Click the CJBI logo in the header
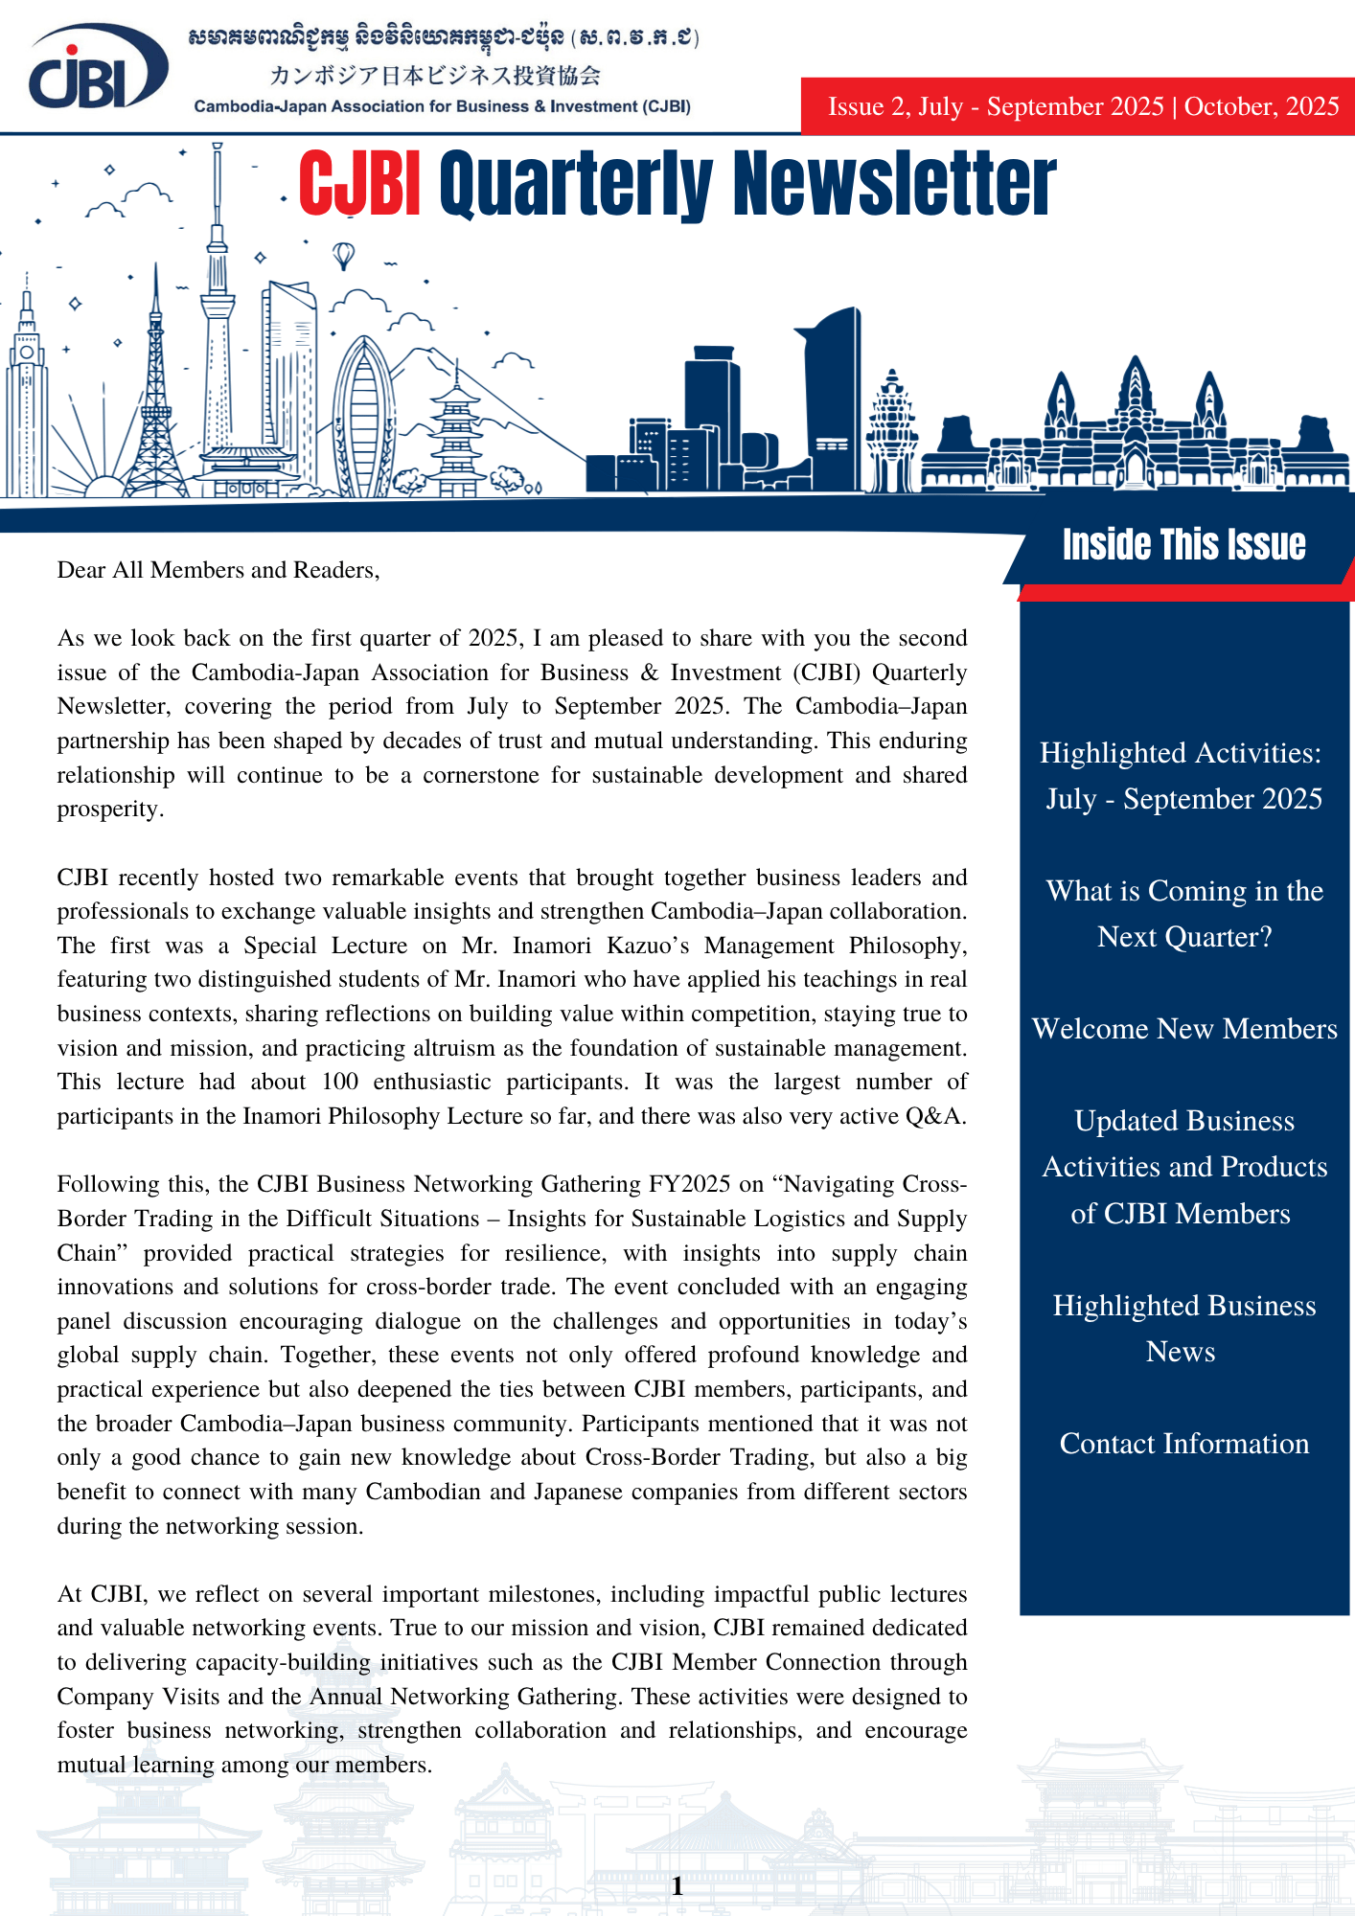[x=96, y=67]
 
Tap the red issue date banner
[x=1082, y=106]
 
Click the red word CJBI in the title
[x=359, y=184]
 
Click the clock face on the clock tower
[x=27, y=352]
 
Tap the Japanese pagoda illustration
[x=456, y=436]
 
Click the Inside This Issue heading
[x=1183, y=544]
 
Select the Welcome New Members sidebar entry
[x=1184, y=1029]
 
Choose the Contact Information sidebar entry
[x=1184, y=1444]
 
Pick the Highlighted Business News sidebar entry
[x=1184, y=1329]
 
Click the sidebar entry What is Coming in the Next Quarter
[x=1184, y=914]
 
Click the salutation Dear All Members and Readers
[x=218, y=570]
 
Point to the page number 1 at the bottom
[x=677, y=1886]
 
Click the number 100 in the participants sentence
[x=340, y=1083]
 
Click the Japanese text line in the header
[x=435, y=76]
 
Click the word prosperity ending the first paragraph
[x=109, y=810]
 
